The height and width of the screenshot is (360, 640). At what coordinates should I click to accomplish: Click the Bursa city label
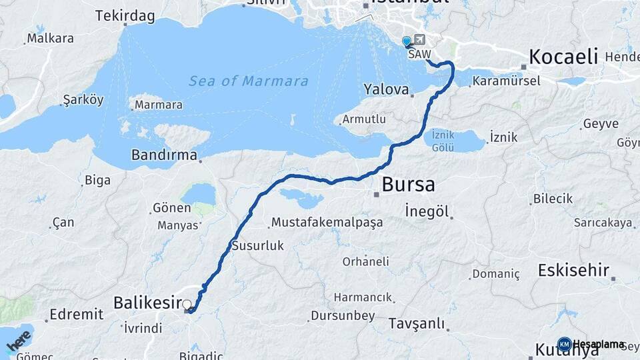pos(408,184)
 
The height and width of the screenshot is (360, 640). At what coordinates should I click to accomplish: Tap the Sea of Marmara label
pos(248,81)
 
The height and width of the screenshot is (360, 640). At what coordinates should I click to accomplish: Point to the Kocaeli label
pos(563,57)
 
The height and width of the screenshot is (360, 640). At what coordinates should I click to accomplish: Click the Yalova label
pos(386,89)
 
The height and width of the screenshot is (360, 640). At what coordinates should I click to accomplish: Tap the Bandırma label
pos(165,155)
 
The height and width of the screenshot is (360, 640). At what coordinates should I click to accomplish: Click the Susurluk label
pos(257,246)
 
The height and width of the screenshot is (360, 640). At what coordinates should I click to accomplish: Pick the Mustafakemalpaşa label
pos(327,222)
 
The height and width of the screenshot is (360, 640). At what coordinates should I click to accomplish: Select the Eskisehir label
pos(573,270)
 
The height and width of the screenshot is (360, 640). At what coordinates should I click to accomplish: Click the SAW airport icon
pos(419,40)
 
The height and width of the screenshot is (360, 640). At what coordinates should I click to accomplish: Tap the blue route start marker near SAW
pos(407,41)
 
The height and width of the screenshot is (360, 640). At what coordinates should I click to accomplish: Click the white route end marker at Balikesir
pos(187,305)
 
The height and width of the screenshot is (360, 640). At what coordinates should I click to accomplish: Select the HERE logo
pos(19,341)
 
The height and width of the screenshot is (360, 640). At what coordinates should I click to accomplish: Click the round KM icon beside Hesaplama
pos(564,344)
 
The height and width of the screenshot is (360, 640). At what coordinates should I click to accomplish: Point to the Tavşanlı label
pos(416,324)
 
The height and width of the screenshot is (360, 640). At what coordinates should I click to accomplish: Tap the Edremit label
pos(77,313)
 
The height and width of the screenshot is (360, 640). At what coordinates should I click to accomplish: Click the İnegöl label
pos(426,212)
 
